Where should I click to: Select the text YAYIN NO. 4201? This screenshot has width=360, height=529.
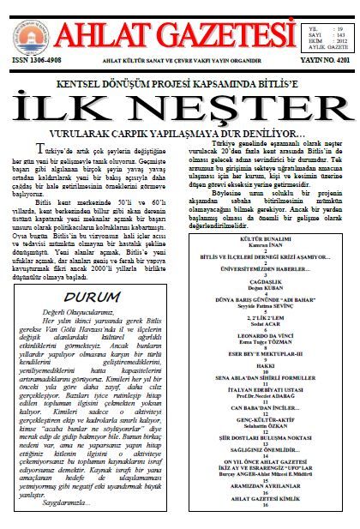pos(325,61)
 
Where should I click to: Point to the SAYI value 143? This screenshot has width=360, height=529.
pos(340,32)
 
